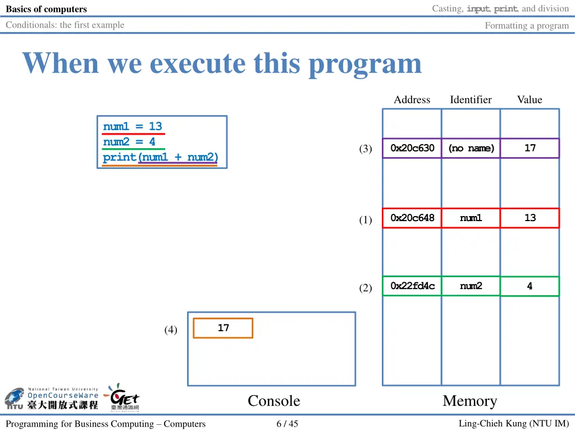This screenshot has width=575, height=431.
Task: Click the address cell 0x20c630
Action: point(412,148)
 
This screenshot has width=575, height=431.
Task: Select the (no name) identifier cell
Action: point(471,148)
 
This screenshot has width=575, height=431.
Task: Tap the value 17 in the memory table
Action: point(530,148)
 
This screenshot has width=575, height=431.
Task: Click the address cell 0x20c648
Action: point(412,218)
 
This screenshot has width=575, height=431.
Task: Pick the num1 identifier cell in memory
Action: point(471,218)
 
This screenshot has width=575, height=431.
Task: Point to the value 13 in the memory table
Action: point(530,218)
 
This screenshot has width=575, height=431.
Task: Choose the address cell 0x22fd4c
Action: point(412,286)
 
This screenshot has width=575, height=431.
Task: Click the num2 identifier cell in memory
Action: point(471,286)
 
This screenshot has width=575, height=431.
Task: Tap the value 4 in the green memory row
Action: point(530,286)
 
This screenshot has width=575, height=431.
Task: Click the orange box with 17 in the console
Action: point(223,328)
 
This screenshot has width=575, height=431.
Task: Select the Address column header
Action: point(412,100)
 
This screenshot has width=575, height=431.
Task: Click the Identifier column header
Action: point(471,100)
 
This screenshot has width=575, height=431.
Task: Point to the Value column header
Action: point(530,100)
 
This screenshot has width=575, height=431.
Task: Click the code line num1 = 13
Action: point(133,126)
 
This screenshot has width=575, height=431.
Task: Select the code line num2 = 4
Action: point(129,142)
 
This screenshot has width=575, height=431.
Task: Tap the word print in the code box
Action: point(119,158)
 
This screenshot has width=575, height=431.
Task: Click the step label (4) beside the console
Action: point(171,330)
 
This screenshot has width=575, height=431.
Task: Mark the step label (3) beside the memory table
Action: point(366,149)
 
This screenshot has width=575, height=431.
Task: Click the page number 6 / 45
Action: point(287,424)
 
